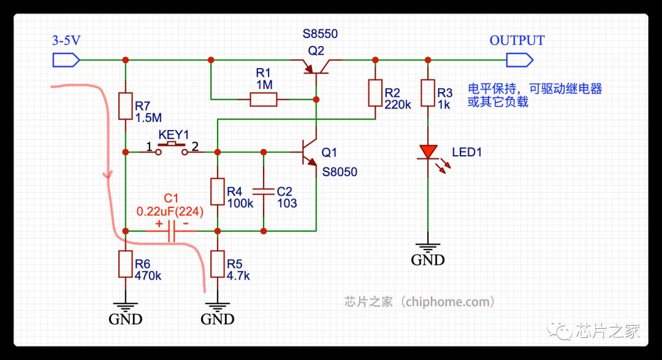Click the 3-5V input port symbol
[66, 60]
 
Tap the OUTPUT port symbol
[520, 60]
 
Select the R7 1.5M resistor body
[126, 106]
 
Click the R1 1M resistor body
[264, 100]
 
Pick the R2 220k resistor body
[375, 93]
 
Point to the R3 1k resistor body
[428, 93]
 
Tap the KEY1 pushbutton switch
[172, 150]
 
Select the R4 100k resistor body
[218, 192]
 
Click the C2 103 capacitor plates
[264, 192]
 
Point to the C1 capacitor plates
[172, 231]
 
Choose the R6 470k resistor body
[126, 264]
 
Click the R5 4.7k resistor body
[218, 264]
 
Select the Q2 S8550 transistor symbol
[316, 66]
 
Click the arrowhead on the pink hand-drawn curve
[108, 174]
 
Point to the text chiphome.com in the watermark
[448, 302]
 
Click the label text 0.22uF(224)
[170, 211]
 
